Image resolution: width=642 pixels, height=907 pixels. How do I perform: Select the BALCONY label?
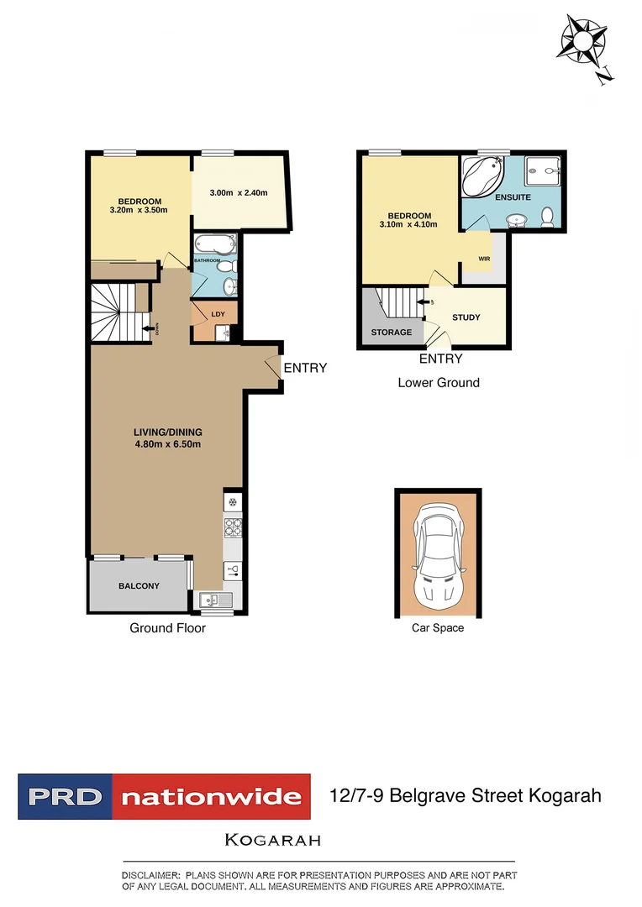pos(139,586)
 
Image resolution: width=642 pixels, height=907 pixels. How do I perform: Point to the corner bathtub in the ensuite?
pos(481,176)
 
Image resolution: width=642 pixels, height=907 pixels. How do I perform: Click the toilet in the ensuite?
pos(547,218)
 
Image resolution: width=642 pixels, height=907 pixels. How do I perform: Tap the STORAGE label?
pos(392,333)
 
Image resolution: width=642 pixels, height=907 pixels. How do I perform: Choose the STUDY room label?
pos(466,317)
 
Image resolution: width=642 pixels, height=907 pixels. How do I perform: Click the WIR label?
pos(484,259)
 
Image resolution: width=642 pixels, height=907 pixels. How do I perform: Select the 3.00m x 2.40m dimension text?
pos(238,193)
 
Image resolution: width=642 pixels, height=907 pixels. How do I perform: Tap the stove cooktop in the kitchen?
pos(233,528)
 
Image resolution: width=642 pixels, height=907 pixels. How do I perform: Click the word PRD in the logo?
pos(64,796)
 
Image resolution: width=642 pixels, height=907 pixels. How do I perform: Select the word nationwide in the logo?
pos(211,796)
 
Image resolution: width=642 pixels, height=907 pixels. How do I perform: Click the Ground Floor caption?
pos(167,628)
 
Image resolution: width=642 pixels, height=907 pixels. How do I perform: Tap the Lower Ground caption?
pos(439,383)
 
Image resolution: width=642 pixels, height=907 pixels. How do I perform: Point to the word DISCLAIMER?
pos(150,875)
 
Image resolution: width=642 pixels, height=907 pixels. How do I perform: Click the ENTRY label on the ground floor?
pos(305,368)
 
